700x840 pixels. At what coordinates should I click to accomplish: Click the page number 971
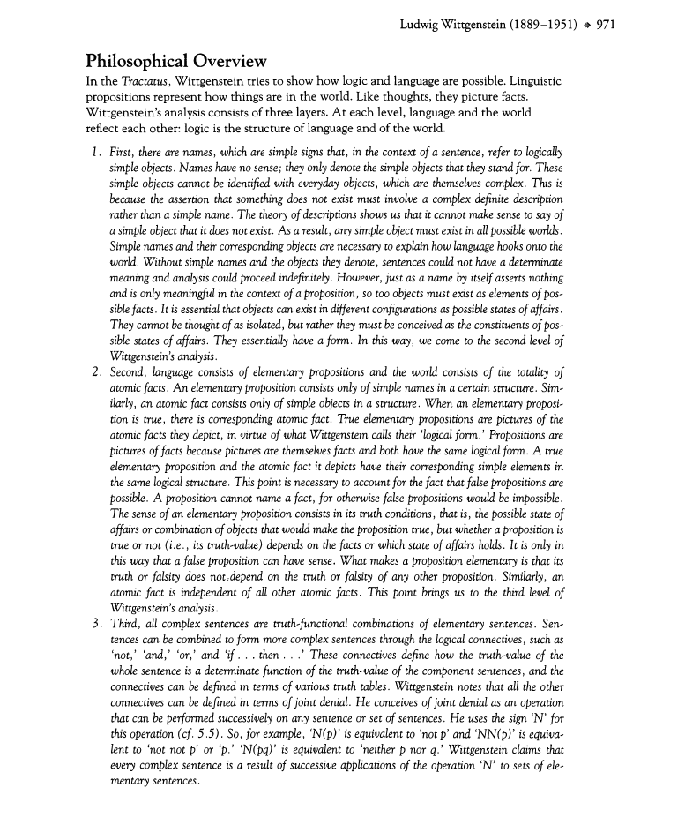[605, 25]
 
